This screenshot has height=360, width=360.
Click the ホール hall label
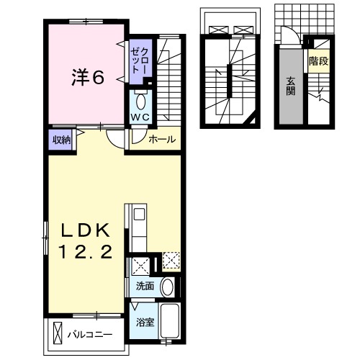pyautogui.click(x=161, y=140)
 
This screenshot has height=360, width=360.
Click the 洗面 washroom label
pyautogui.click(x=145, y=286)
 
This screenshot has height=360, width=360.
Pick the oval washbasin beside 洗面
pyautogui.click(x=168, y=287)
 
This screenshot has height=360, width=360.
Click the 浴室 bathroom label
pyautogui.click(x=145, y=322)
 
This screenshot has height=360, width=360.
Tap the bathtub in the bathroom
pyautogui.click(x=171, y=321)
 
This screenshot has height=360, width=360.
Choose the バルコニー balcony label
pyautogui.click(x=90, y=334)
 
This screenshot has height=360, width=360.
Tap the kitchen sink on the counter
pyautogui.click(x=139, y=214)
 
